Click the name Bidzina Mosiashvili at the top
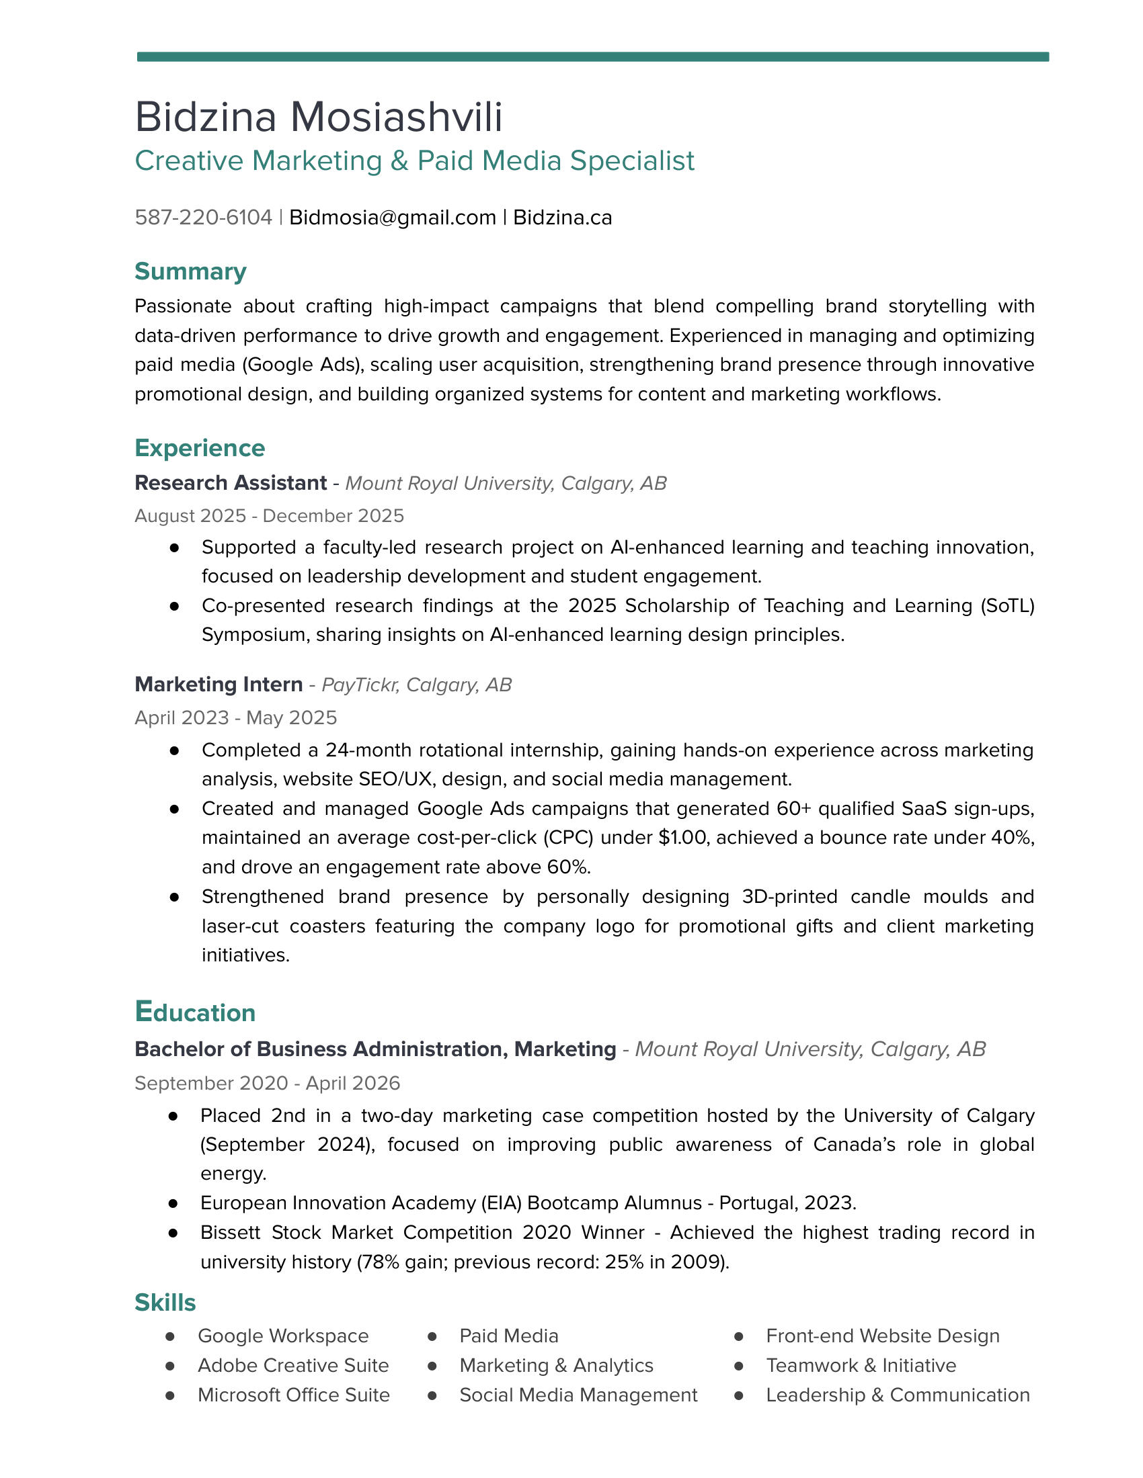click(x=318, y=117)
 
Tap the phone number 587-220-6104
click(x=203, y=217)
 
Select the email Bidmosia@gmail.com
click(x=392, y=217)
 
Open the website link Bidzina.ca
click(x=562, y=217)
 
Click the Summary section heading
click(x=190, y=271)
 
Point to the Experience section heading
click(x=200, y=448)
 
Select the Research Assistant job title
click(x=231, y=483)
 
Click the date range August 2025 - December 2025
click(x=269, y=516)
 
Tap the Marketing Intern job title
click(x=219, y=685)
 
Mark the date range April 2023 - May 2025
click(x=235, y=718)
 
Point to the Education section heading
click(x=195, y=1012)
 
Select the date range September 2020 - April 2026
click(x=268, y=1084)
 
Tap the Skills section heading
click(x=165, y=1303)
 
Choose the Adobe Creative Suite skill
click(x=293, y=1366)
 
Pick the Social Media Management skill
click(x=578, y=1395)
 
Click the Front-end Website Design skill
click(x=882, y=1336)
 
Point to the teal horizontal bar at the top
click(x=592, y=57)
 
